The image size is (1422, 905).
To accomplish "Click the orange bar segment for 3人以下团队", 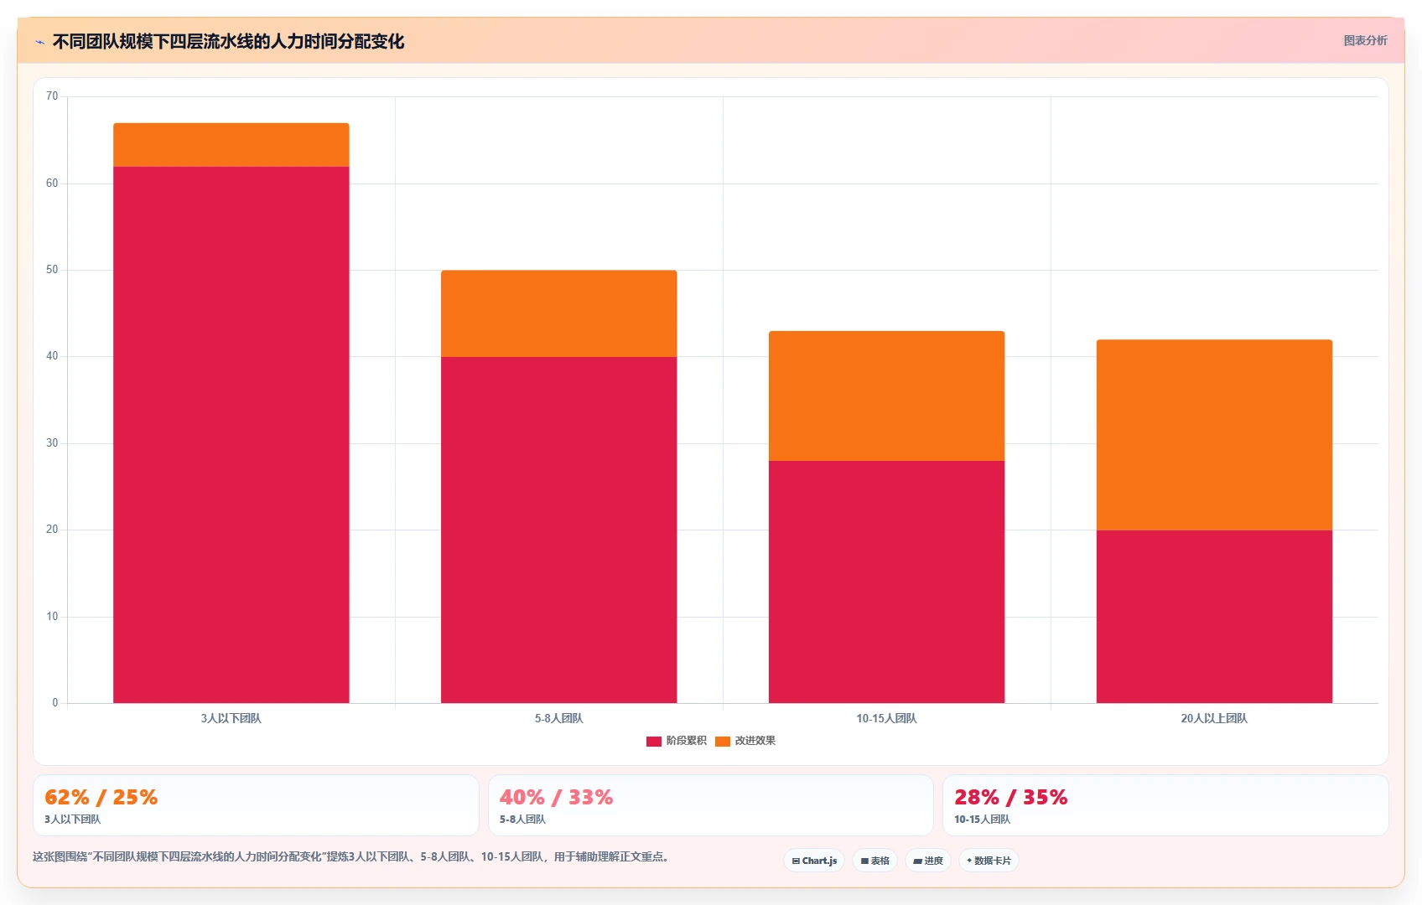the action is [x=231, y=145].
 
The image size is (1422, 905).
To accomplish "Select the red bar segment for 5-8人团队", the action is [x=558, y=530].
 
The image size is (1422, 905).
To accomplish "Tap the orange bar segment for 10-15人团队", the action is [x=886, y=396].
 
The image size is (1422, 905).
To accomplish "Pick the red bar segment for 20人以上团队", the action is [x=1214, y=616].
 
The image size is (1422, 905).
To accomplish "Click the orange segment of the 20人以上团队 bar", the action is [x=1214, y=435].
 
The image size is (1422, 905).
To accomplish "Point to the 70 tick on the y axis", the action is [x=52, y=96].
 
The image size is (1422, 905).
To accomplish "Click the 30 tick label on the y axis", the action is [x=52, y=443].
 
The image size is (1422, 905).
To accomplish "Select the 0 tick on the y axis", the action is [x=55, y=702].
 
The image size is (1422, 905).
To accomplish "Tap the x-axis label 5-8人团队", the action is [x=558, y=718].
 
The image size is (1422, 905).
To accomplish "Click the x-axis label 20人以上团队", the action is [x=1214, y=718].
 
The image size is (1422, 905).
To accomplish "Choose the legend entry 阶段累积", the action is [x=676, y=741].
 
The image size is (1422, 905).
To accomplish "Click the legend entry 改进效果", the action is [x=745, y=741].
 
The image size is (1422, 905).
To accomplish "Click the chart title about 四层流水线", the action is [x=229, y=42].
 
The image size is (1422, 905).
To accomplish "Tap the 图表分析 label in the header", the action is [x=1366, y=40].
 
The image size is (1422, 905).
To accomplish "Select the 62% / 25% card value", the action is [x=101, y=797].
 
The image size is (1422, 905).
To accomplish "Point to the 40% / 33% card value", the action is [x=556, y=797].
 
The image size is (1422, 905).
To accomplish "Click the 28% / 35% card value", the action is [x=1010, y=797].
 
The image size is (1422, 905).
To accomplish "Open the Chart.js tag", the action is [x=814, y=861].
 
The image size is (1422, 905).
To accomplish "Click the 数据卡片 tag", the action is [x=989, y=861].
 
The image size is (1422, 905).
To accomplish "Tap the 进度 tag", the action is [x=928, y=861].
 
